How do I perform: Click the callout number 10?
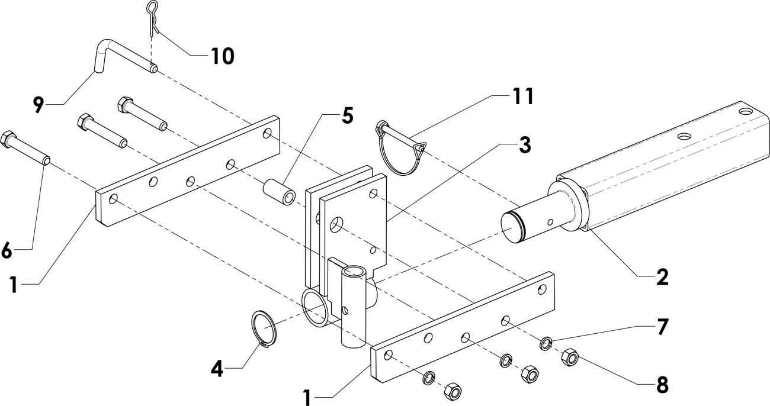click(222, 56)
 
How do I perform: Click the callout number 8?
click(662, 384)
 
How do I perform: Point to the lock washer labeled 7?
click(546, 342)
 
